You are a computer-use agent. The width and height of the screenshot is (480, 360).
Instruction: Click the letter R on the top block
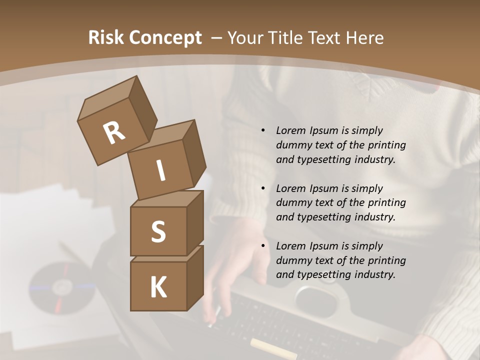coord(114,132)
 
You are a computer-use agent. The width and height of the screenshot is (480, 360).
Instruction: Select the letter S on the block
coord(158,231)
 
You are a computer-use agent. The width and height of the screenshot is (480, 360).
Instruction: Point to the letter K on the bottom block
coord(158,287)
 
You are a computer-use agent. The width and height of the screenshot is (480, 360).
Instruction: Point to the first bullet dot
coord(263,130)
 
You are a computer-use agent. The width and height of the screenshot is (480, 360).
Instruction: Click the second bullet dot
coord(263,188)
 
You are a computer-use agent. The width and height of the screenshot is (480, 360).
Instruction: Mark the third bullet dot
coord(263,246)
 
